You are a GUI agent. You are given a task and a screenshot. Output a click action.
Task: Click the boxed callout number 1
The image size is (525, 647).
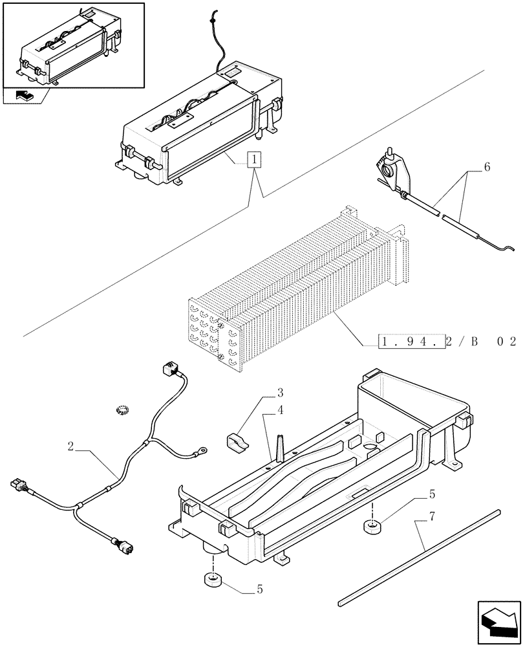(255, 160)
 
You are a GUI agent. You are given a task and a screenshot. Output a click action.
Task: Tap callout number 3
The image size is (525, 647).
(280, 392)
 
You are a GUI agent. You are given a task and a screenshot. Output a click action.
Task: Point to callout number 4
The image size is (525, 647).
(280, 409)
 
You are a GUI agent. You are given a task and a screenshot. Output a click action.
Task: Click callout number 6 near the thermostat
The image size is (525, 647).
(486, 167)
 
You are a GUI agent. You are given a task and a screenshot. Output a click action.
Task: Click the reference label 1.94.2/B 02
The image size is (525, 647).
(447, 341)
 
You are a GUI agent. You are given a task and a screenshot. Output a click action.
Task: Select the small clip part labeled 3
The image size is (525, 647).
(237, 443)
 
